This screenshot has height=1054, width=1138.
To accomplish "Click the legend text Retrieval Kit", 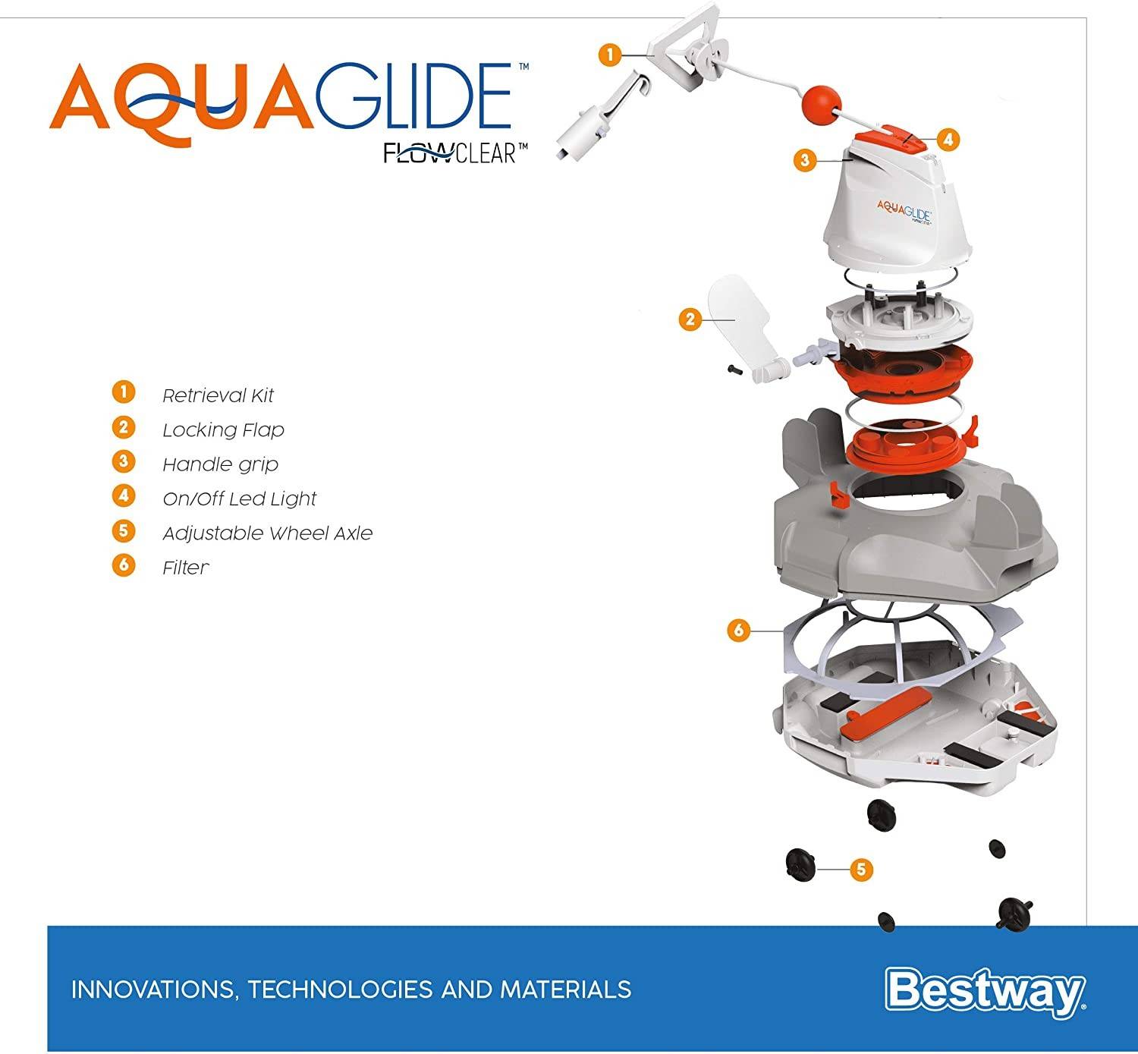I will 218,395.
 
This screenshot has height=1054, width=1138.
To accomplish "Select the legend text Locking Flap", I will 223,430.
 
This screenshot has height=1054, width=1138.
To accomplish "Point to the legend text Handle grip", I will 220,464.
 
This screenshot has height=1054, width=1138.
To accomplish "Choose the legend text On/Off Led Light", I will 239,499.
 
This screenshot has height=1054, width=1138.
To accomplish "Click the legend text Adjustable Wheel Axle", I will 267,533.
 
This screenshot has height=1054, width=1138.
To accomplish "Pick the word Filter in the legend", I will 185,568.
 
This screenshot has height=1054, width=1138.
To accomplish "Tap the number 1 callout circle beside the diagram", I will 610,55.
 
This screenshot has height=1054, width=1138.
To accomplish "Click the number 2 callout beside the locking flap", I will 690,319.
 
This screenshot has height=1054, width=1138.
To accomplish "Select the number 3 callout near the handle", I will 805,160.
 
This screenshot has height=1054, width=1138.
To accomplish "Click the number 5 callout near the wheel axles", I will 860,869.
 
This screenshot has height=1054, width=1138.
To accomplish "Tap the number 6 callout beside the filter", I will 738,630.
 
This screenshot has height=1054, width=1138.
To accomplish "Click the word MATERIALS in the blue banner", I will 565,990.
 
